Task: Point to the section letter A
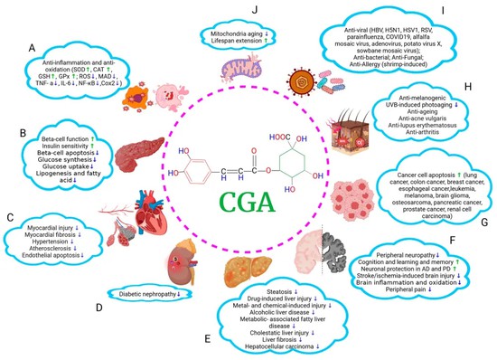pyautogui.click(x=33, y=46)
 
